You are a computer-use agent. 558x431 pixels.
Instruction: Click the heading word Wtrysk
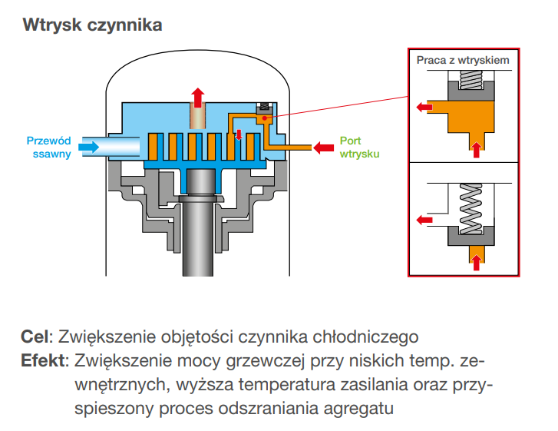[x=49, y=25]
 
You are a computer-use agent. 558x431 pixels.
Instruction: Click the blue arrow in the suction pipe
[x=91, y=147]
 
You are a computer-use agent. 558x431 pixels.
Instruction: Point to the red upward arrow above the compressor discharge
[x=197, y=97]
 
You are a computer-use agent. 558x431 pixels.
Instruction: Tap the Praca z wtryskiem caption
[x=462, y=59]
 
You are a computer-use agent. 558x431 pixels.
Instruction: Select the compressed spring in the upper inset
[x=469, y=79]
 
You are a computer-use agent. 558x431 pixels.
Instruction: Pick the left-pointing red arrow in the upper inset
[x=423, y=107]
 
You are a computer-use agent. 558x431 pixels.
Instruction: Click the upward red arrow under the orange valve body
[x=477, y=149]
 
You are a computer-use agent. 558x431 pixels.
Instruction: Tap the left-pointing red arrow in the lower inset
[x=423, y=220]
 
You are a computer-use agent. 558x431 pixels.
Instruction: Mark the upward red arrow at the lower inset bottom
[x=477, y=262]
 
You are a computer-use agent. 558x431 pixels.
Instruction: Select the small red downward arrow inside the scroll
[x=239, y=136]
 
